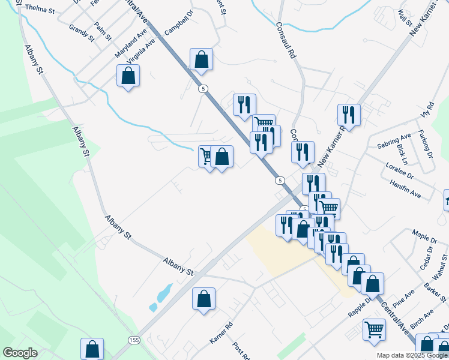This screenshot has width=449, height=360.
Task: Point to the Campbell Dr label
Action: pos(179,23)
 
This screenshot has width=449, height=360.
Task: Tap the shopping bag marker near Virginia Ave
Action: pos(128,76)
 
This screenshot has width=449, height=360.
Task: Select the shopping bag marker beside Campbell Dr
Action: pos(201,59)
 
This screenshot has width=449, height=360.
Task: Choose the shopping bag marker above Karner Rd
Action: pos(203,298)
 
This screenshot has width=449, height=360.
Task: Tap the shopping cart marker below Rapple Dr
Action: pos(374,329)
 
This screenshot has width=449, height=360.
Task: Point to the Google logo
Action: pos(20,353)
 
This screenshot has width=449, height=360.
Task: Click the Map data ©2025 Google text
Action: pos(412,355)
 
